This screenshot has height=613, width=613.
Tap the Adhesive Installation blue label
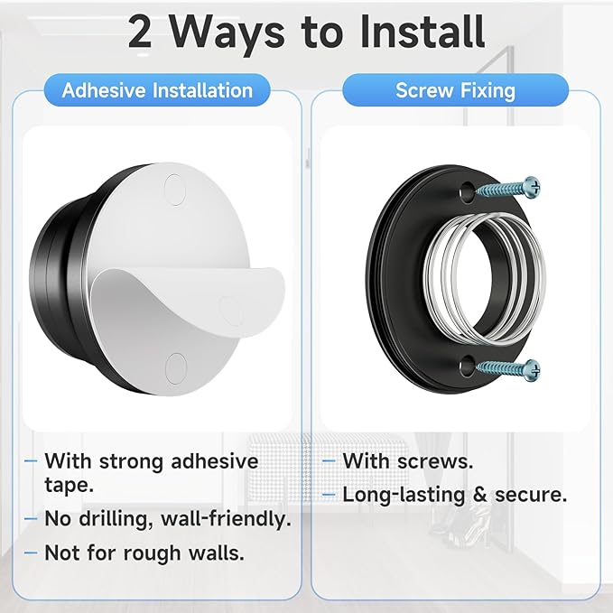pos(157,90)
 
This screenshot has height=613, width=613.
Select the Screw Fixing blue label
pos(455,90)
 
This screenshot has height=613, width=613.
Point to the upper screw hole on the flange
pos(466,190)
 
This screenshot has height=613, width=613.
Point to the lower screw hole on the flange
pos(466,365)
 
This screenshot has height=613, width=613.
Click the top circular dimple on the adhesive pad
pos(175,188)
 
